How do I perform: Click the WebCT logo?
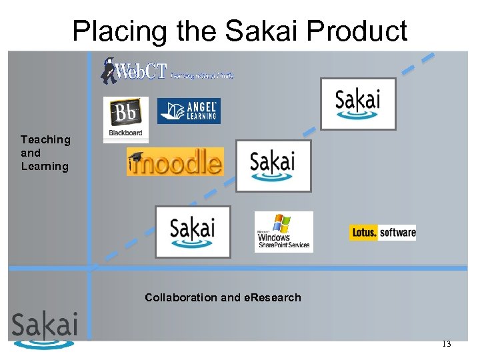point(167,70)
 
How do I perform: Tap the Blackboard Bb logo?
point(125,119)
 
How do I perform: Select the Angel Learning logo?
point(189,111)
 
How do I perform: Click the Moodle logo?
point(175,162)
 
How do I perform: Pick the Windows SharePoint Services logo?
point(283,232)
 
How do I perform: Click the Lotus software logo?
point(383,233)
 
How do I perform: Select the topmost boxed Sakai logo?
point(358,103)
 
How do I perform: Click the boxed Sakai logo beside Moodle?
point(273,165)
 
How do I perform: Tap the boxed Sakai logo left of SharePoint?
point(193,231)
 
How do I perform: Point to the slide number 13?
point(446,344)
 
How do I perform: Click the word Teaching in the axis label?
point(45,139)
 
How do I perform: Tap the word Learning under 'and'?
point(45,166)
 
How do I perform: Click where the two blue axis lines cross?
point(90,268)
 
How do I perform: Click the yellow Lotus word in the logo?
point(365,233)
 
